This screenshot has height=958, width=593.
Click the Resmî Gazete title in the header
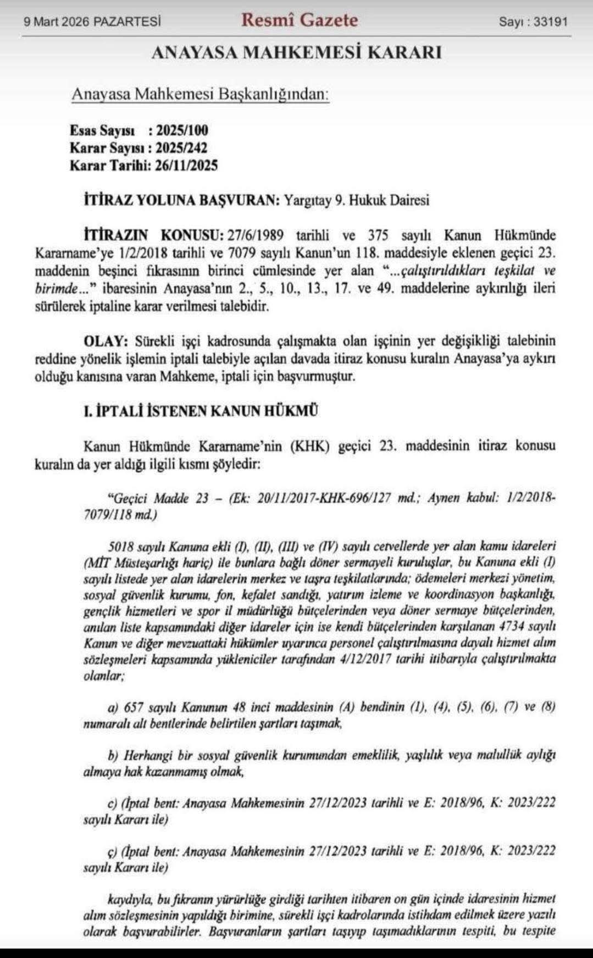coord(300,20)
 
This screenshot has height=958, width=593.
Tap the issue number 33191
coord(551,22)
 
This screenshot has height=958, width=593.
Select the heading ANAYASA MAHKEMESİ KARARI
coord(296,53)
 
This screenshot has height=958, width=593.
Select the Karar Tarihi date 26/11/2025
coord(186,166)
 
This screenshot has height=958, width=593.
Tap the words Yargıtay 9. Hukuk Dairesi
coord(356,200)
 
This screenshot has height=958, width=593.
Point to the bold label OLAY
coord(106,341)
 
